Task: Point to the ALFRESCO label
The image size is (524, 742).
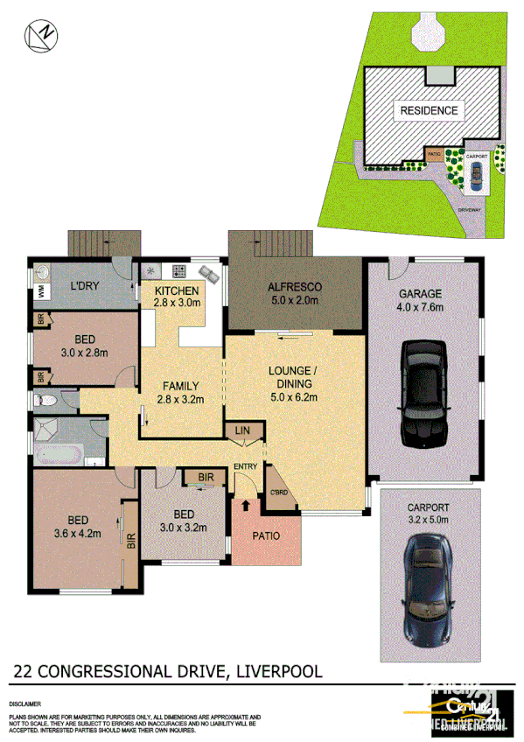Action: point(293,287)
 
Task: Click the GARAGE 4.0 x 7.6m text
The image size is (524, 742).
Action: point(421,300)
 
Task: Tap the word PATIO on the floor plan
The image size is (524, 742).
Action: point(266,535)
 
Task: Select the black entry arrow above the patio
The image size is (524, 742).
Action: point(245,506)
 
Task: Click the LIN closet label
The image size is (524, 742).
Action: point(242,431)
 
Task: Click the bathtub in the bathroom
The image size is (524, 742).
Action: point(59,454)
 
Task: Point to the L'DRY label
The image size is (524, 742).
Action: point(84,287)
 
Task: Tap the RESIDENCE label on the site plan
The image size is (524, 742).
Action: point(429,110)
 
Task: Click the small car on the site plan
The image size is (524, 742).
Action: point(475,178)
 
